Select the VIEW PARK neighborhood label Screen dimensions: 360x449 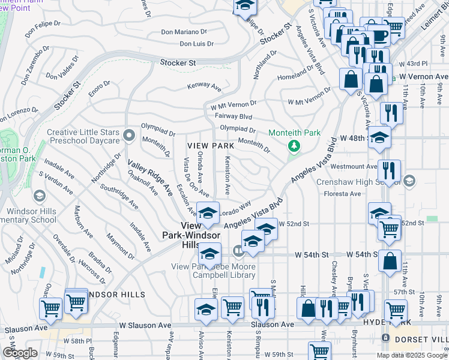click(x=210, y=146)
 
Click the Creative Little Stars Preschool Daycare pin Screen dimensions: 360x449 click(x=128, y=134)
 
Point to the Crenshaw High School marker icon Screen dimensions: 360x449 click(x=409, y=181)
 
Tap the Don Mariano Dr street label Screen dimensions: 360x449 click(x=184, y=32)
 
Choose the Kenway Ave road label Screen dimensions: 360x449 click(x=204, y=86)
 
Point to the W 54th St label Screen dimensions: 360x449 click(x=315, y=255)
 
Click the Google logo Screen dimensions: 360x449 click(x=19, y=353)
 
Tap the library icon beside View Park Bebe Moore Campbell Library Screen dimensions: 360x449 click(x=238, y=250)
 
